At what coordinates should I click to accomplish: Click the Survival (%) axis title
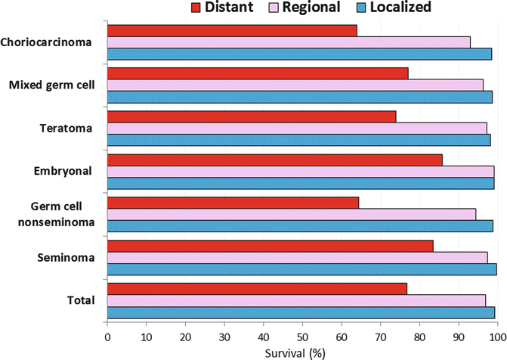[x=301, y=352]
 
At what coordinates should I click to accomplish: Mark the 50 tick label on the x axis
[x=302, y=335]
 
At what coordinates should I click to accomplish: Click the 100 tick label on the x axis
[x=496, y=335]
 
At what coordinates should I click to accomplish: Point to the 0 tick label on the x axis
[x=107, y=335]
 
